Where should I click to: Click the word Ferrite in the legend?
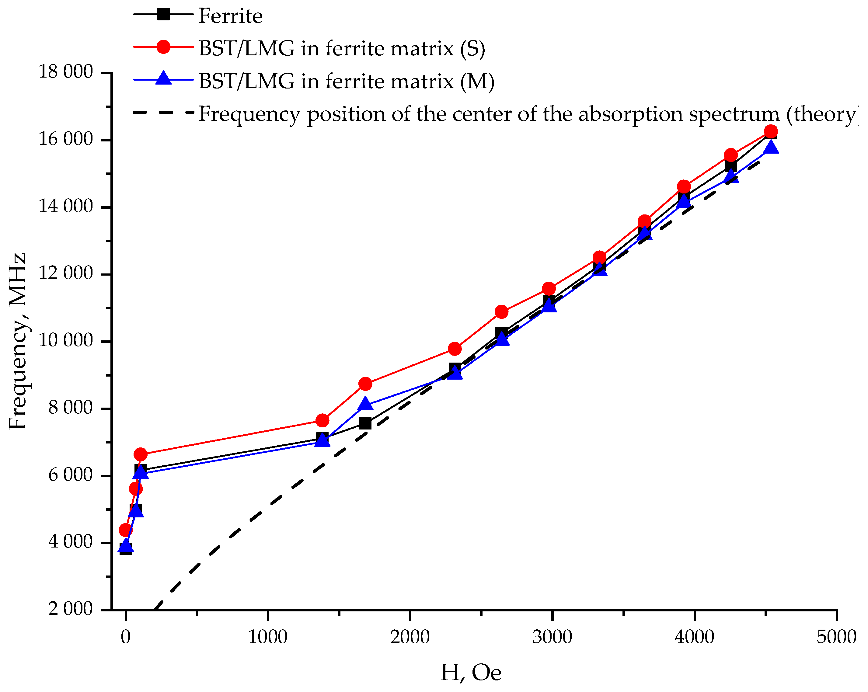click(231, 16)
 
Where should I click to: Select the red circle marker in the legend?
click(163, 47)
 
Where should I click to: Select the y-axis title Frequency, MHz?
click(17, 341)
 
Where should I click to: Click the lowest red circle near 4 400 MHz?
click(126, 530)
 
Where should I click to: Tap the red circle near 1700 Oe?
click(365, 384)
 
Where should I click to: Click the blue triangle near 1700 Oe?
click(365, 404)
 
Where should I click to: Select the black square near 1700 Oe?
click(365, 423)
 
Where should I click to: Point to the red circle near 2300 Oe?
click(455, 349)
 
